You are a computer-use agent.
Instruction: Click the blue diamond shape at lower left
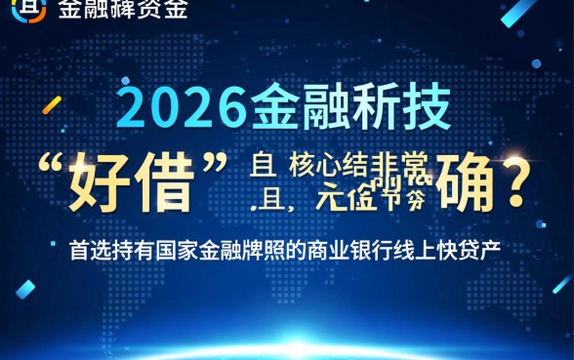coord(25,289)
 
